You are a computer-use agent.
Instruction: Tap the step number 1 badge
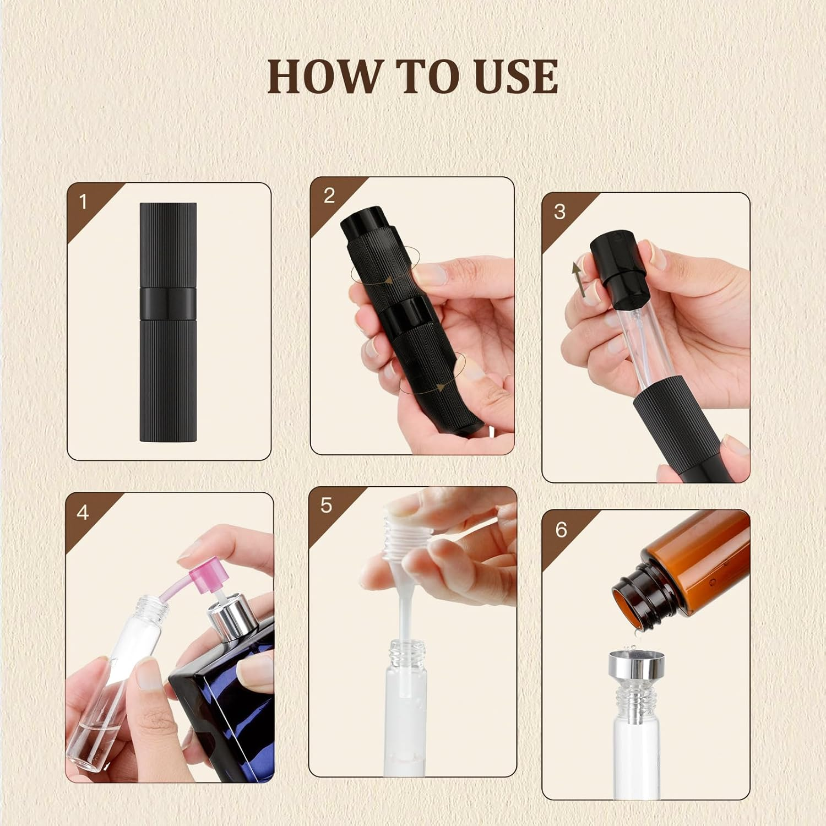83,202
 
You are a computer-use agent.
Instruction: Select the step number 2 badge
329,196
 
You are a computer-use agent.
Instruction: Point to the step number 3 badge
559,212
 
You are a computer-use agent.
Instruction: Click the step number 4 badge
83,513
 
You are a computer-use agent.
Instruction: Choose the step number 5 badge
326,506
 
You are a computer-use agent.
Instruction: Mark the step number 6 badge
561,530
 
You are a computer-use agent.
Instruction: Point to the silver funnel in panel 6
632,666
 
